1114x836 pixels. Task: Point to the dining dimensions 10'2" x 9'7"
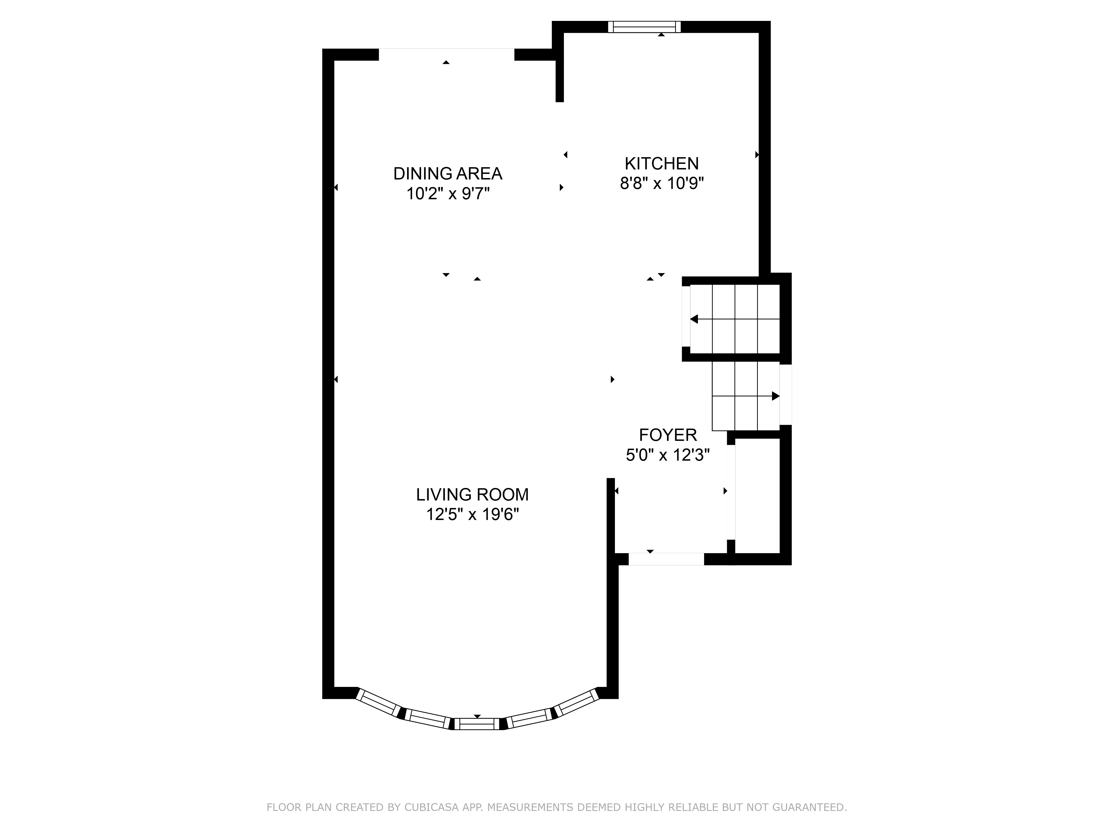tap(448, 193)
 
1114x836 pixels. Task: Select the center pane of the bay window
tap(477, 724)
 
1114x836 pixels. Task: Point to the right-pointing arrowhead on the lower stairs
tap(776, 396)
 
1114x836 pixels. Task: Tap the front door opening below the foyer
tap(666, 559)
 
